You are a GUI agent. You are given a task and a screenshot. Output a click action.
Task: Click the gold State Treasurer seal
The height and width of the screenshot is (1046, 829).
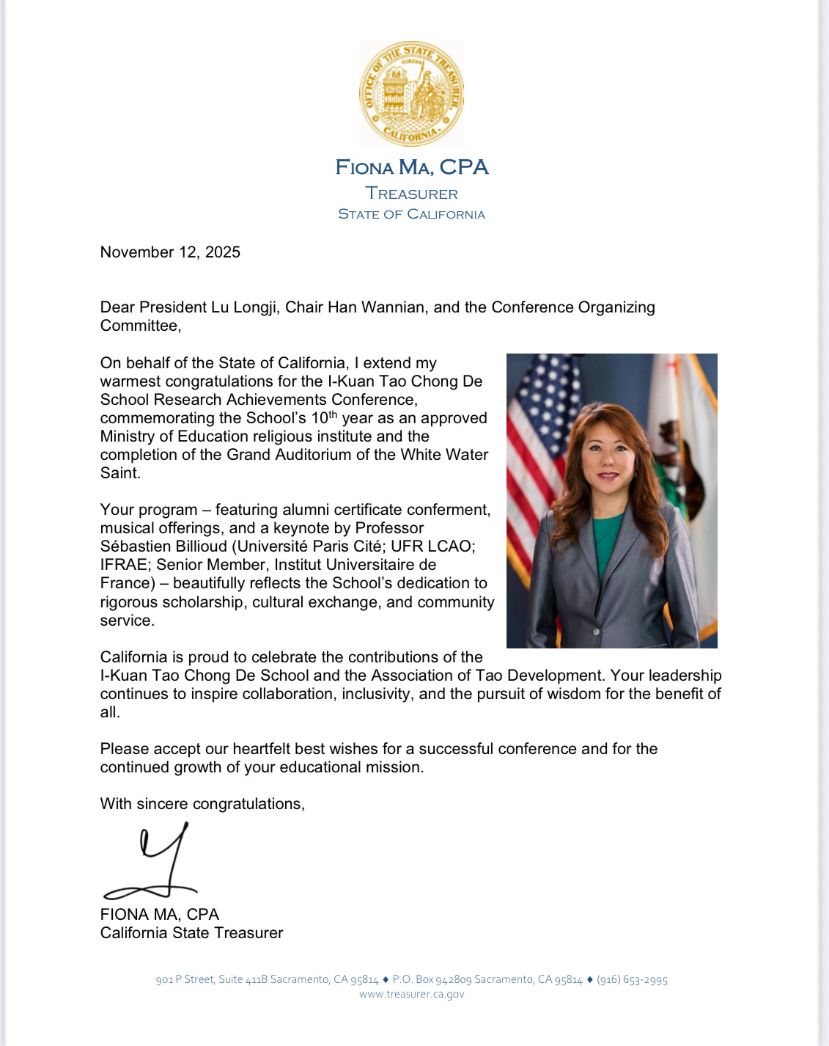pos(411,93)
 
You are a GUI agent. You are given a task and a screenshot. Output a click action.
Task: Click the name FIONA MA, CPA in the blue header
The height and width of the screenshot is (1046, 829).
pos(411,168)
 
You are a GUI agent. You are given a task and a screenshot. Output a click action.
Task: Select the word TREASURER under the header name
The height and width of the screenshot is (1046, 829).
pos(411,194)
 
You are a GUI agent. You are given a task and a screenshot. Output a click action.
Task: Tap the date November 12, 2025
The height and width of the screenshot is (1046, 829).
pos(170,252)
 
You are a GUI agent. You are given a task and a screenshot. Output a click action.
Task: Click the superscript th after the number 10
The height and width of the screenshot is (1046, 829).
pos(333,414)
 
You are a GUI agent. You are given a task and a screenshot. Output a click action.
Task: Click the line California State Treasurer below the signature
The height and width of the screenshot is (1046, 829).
pos(191,933)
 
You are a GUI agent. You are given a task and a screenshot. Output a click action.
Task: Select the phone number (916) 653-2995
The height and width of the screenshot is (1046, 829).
pos(632,980)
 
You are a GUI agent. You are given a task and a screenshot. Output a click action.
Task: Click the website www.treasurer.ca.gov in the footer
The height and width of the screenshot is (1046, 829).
pos(411,995)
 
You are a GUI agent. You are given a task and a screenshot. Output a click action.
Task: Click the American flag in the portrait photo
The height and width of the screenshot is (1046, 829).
pos(539,425)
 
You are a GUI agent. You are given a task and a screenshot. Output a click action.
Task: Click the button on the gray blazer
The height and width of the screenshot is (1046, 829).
pos(597,632)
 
